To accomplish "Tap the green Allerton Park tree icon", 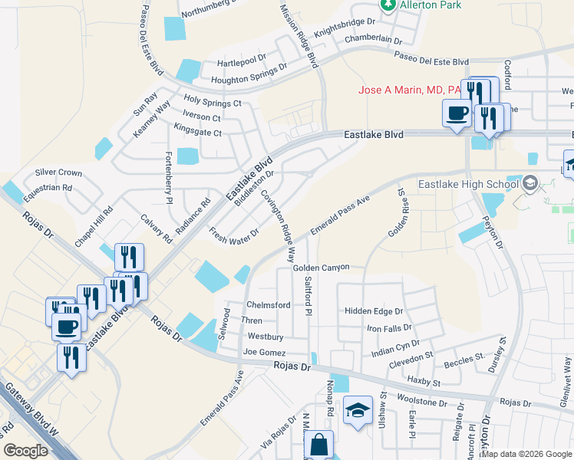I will tap(388, 5).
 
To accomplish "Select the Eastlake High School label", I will tap(468, 184).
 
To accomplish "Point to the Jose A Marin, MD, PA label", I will tap(409, 90).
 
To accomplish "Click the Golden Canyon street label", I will tap(321, 268).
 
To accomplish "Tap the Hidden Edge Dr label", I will tap(374, 311).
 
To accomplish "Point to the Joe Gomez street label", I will tap(264, 353).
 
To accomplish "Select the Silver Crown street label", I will tap(58, 173).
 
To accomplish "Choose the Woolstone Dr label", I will tap(421, 402).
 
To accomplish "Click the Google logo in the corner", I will tap(25, 451).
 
